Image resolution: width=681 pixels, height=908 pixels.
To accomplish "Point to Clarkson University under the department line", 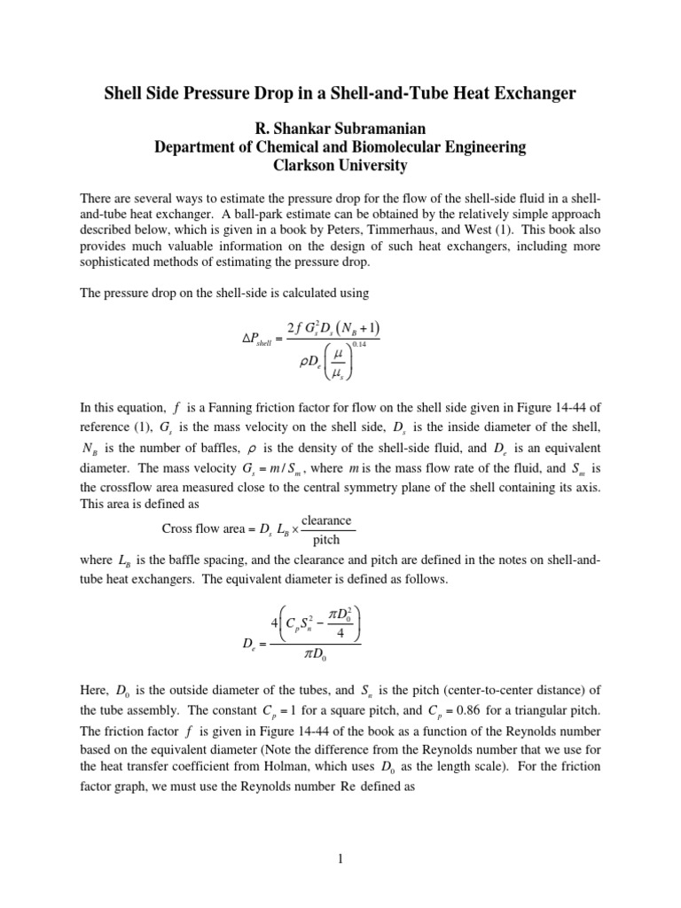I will [x=340, y=165].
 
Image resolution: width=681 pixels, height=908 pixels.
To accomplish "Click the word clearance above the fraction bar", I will [x=326, y=520].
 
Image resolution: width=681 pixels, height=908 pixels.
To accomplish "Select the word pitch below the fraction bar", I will [x=326, y=538].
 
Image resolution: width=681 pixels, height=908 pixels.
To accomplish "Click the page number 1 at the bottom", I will [x=340, y=857].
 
